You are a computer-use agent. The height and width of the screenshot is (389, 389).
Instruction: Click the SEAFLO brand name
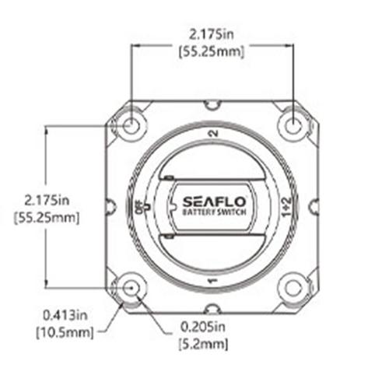214,202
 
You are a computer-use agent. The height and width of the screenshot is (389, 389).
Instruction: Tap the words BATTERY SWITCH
214,212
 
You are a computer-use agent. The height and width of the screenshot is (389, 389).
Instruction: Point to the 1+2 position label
287,207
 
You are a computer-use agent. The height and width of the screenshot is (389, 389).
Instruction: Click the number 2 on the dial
214,134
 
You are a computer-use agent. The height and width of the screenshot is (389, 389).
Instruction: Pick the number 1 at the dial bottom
213,281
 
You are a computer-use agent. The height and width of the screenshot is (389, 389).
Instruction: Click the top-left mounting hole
131,126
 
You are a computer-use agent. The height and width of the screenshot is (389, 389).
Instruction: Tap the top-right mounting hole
293,126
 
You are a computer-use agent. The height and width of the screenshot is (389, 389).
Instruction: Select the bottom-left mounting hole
131,288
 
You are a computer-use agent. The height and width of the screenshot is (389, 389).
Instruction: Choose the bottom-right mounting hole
293,288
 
